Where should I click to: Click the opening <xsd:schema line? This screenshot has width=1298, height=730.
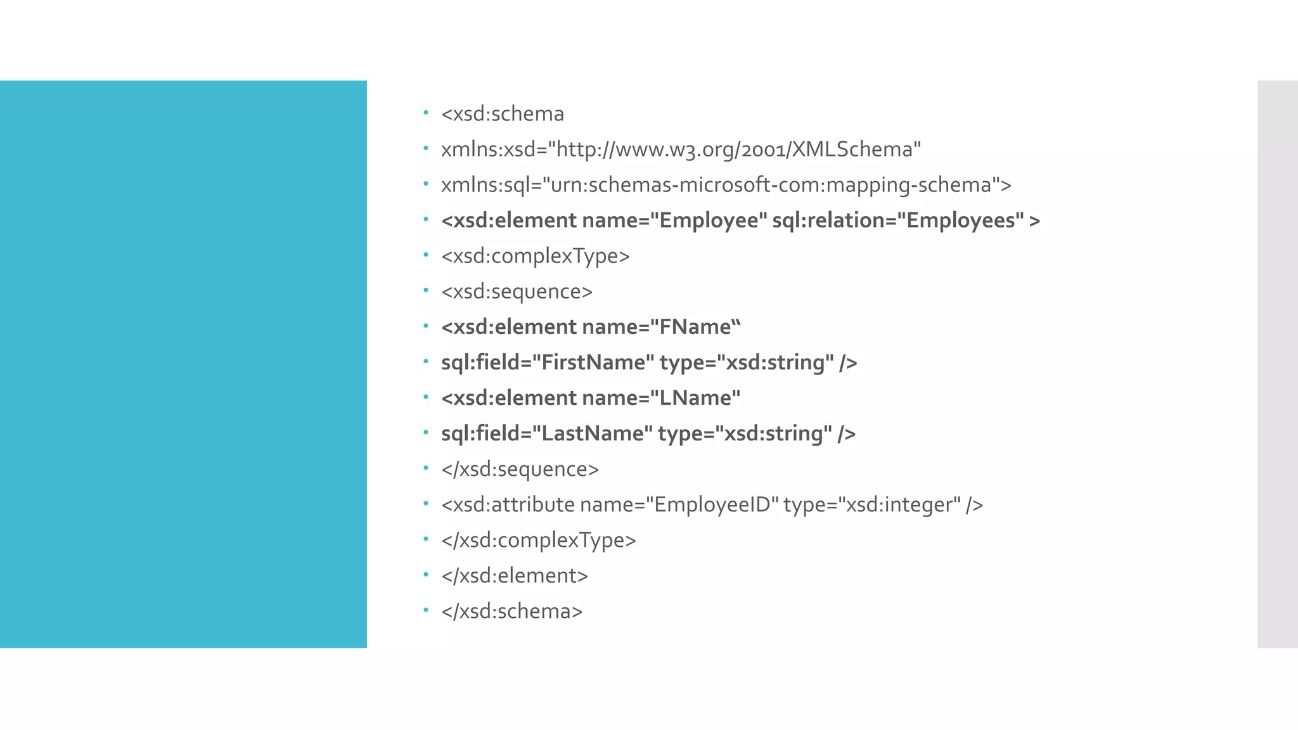click(503, 114)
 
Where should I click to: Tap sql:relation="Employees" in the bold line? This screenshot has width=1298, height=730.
click(898, 221)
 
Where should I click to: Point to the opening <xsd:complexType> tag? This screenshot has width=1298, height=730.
click(536, 256)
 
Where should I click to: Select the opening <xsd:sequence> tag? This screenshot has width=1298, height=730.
click(517, 291)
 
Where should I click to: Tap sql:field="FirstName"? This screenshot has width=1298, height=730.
click(548, 362)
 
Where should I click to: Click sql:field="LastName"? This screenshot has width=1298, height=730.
click(547, 433)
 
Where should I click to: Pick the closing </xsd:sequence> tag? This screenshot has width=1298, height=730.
click(520, 470)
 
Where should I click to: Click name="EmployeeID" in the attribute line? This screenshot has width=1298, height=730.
click(679, 505)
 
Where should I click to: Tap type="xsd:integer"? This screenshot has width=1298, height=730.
click(872, 505)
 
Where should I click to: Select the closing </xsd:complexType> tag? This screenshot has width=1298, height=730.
click(539, 541)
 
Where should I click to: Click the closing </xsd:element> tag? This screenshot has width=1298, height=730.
click(515, 576)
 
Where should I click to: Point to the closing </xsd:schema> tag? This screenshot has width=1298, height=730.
click(512, 612)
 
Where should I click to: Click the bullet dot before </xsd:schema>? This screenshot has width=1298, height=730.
click(426, 610)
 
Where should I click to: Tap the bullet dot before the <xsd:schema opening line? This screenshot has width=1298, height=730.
click(426, 113)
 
